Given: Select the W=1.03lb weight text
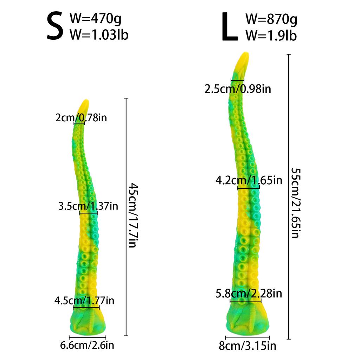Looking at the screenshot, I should point(99,34).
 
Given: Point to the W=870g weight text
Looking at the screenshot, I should point(271,19).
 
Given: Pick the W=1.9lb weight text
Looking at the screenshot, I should point(271,35).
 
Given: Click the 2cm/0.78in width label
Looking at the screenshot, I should point(81,117).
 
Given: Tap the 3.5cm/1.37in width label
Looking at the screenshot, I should point(88,206).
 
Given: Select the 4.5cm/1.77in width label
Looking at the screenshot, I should point(84,301).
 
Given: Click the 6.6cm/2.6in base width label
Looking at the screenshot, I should point(87,345).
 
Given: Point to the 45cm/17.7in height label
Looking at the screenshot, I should point(132,215).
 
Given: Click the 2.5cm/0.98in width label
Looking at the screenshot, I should point(238,89).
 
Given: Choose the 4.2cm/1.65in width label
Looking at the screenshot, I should point(249,181).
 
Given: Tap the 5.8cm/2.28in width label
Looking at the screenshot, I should point(249,293).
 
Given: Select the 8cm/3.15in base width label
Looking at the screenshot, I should point(247,346).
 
